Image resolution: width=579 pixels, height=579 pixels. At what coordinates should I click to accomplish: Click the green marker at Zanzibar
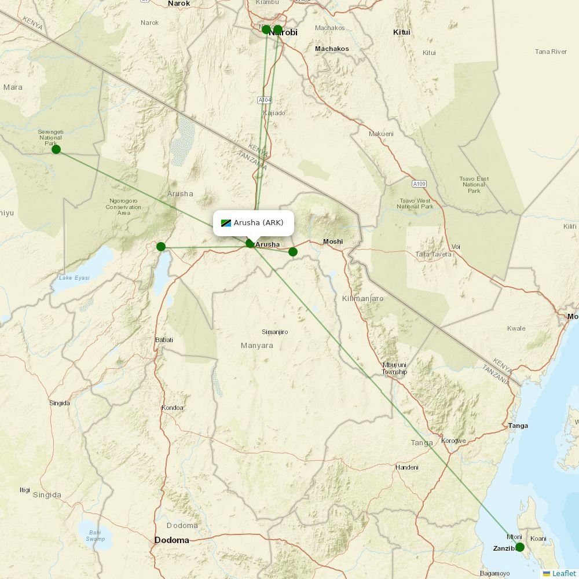(519, 547)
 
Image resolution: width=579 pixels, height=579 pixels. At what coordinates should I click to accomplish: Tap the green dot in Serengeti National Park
(56, 149)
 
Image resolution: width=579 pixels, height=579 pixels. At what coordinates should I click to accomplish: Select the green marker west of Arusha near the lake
(161, 247)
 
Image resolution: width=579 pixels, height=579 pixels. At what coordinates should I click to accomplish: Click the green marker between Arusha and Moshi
(293, 251)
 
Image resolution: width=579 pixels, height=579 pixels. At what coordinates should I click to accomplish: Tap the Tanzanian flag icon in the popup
(226, 223)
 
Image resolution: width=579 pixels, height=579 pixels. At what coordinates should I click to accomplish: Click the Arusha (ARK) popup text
(258, 223)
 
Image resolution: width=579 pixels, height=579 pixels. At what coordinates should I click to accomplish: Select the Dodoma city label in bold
(171, 540)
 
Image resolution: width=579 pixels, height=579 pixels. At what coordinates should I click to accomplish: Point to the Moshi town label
(333, 241)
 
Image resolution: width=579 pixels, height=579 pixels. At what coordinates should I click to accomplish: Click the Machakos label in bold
(332, 49)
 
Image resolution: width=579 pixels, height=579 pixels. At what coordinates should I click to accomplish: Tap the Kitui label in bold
(401, 32)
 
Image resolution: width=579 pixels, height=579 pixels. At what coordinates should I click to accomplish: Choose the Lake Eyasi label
(74, 278)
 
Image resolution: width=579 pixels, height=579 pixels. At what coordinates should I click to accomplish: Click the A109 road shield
(420, 184)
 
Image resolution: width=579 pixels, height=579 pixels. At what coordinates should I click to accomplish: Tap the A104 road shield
(264, 100)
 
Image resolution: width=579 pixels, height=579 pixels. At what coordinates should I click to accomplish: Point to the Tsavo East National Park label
(474, 185)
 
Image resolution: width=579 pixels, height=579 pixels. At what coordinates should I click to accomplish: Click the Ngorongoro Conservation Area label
(123, 207)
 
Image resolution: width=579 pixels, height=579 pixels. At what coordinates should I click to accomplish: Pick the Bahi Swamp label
(96, 535)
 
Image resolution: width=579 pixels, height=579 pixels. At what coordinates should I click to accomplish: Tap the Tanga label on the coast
(518, 426)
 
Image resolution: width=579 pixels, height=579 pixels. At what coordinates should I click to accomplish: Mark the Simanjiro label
(275, 332)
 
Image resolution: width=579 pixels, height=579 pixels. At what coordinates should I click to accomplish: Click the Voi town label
(456, 247)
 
